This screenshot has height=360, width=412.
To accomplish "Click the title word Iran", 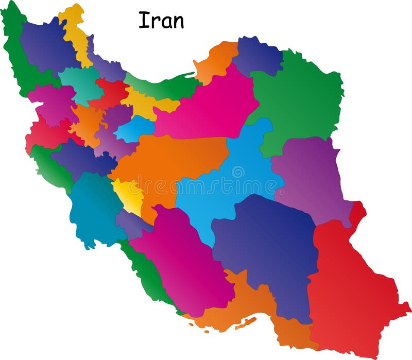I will click(161, 21).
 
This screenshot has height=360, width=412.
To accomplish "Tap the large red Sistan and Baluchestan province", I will click(350, 288).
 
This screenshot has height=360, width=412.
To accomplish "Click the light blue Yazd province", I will click(232, 185).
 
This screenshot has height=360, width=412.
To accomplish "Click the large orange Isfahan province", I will click(165, 165).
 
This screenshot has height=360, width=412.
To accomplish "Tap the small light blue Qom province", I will click(135, 129).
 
